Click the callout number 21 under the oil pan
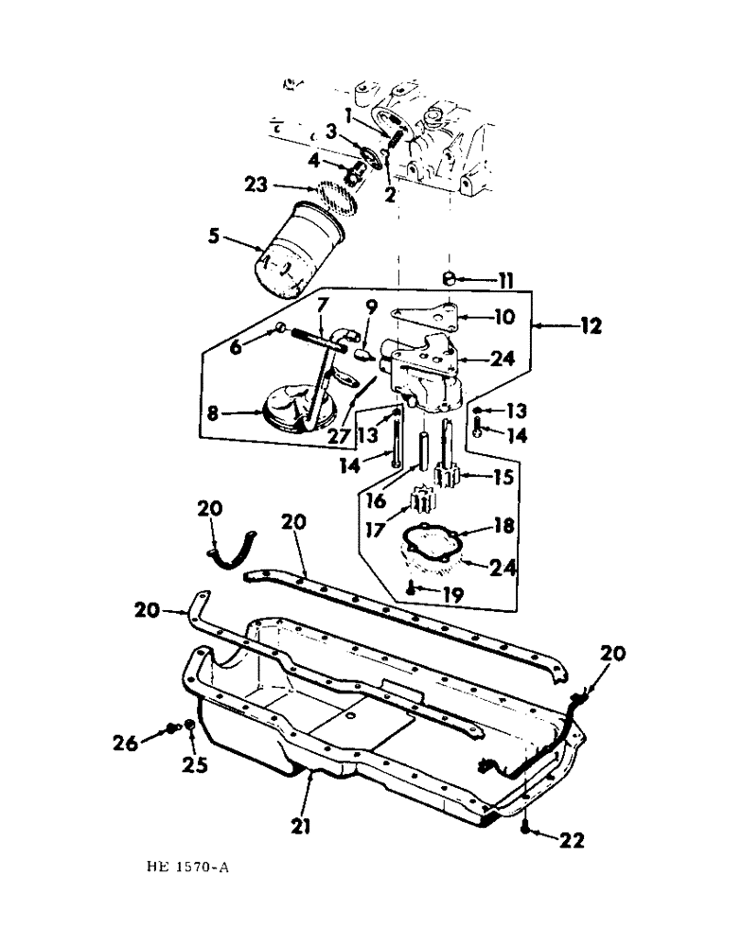(x=302, y=827)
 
